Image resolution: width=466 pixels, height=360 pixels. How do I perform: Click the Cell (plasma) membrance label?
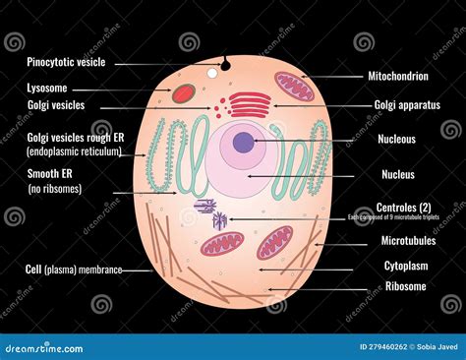point(74,269)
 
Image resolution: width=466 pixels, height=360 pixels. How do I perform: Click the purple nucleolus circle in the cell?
point(241,144)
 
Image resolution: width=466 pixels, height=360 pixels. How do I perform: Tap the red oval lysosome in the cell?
point(184,93)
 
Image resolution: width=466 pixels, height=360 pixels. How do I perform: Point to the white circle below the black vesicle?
point(211,73)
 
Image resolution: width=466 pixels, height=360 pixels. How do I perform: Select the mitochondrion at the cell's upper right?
point(292,86)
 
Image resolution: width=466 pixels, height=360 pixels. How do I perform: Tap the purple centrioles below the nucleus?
point(210,212)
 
